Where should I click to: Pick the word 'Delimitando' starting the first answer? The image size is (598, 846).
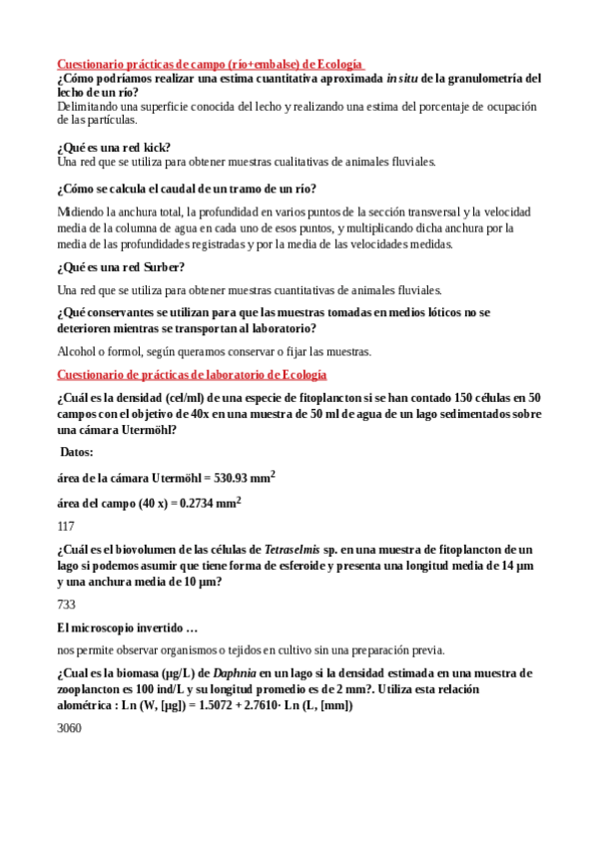[86, 106]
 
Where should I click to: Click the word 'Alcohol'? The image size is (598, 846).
[77, 351]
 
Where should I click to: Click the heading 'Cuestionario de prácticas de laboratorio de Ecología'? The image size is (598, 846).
[192, 375]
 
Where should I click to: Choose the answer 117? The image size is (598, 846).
[66, 526]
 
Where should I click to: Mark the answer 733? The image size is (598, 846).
[66, 604]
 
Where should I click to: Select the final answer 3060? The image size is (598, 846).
[69, 729]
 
